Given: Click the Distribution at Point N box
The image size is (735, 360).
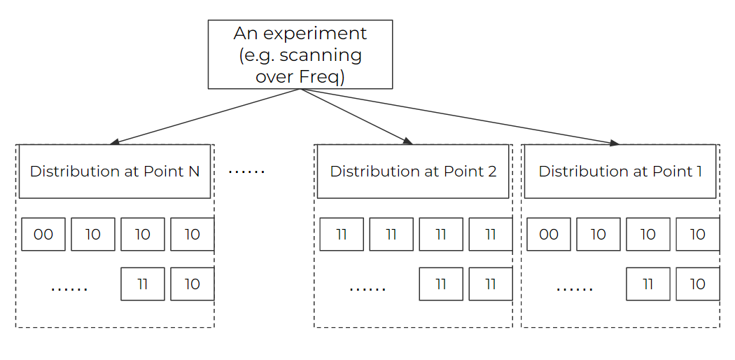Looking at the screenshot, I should point(115,172).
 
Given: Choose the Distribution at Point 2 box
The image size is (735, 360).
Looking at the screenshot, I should point(413,172).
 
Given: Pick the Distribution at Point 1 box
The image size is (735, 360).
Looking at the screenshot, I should point(619,172).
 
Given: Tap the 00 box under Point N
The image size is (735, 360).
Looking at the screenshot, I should point(43,235).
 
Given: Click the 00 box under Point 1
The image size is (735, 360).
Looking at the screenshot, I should point(548,235).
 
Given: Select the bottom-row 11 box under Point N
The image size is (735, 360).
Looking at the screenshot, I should point(143,284).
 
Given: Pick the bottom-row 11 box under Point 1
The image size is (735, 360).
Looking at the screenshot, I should point(647,284).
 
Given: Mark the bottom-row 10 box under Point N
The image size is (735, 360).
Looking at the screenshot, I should point(192,284).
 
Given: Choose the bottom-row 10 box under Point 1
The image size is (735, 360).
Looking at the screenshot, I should point(697,284).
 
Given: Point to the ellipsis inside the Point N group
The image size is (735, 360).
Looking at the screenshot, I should point(69,288).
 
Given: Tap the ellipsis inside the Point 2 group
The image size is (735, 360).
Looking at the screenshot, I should point(367,288).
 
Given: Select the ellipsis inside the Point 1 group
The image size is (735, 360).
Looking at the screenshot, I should point(574,288).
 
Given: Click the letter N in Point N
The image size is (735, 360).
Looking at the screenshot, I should point(194,172).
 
